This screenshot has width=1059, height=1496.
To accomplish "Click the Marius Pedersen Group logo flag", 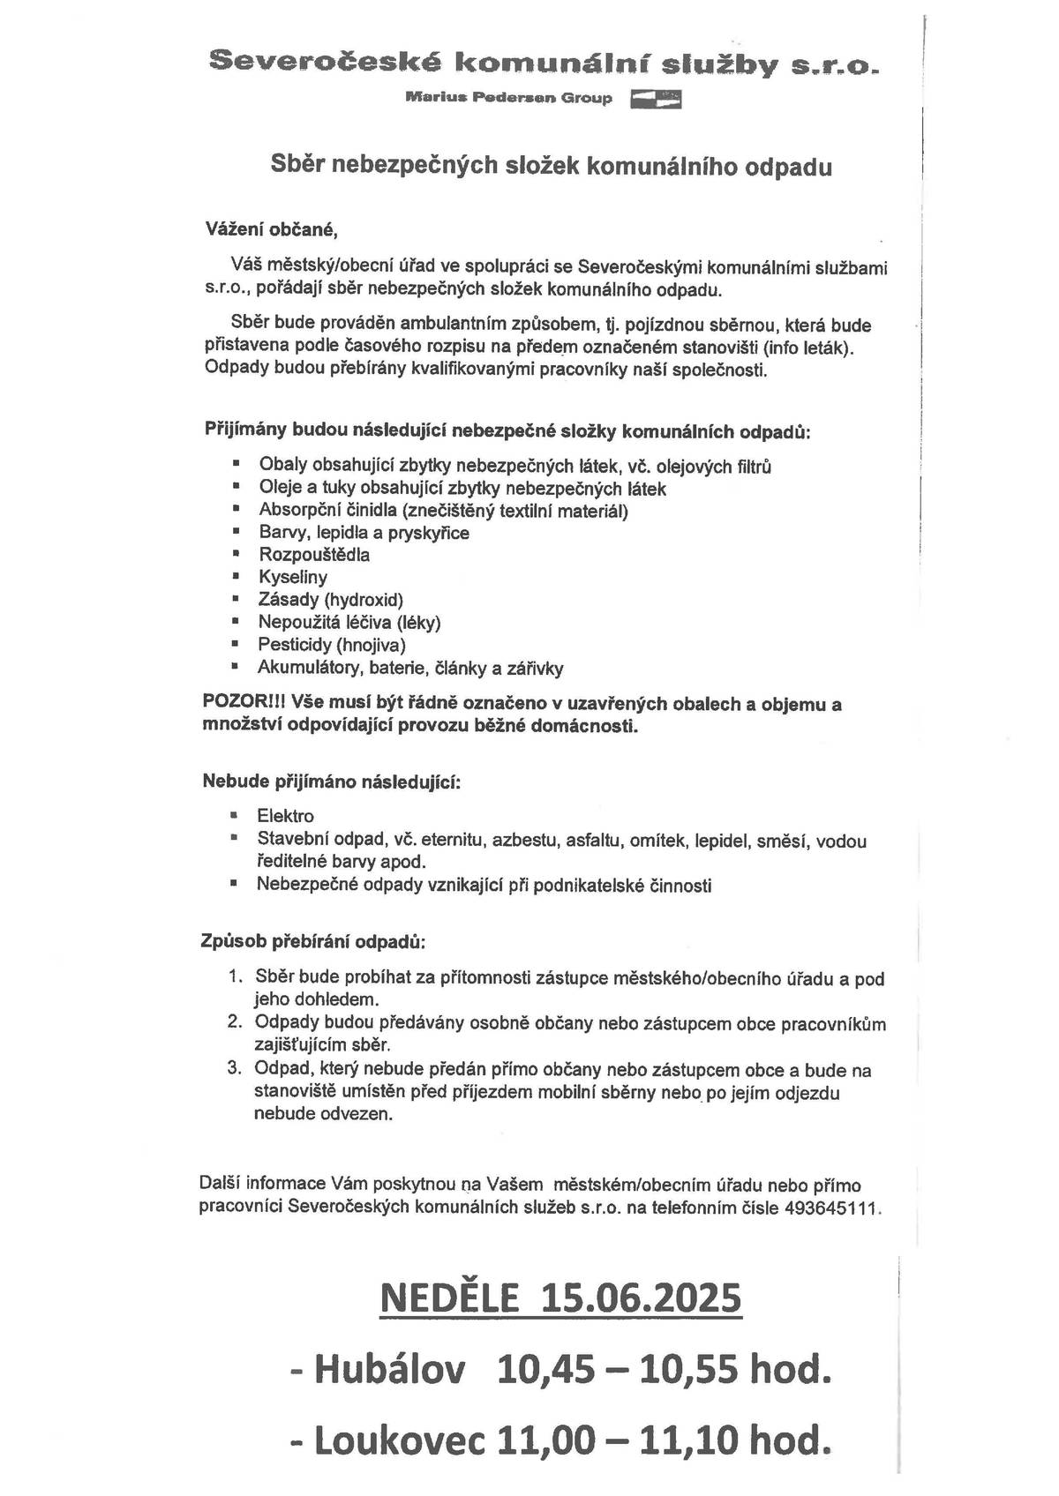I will (656, 98).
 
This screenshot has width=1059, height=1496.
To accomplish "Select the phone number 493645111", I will (830, 1208).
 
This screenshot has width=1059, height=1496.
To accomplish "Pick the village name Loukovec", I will (402, 1440).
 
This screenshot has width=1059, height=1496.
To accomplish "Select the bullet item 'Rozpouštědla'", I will (314, 555).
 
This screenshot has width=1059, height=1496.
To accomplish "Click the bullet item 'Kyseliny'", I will (293, 577).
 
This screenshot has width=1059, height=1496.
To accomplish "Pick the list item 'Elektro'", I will (285, 816).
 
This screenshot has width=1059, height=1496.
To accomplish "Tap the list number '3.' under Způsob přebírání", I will (235, 1069).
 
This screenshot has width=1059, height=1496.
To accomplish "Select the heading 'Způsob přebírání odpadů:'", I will (313, 941).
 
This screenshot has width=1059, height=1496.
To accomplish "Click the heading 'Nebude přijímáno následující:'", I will (332, 782).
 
